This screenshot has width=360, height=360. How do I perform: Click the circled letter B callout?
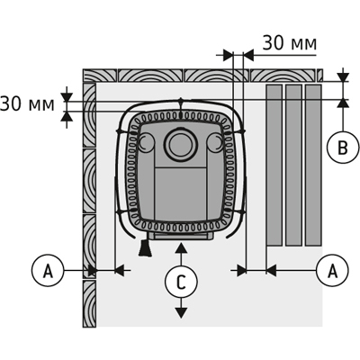coord(343,147)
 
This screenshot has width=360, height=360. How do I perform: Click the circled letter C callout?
coord(181,283)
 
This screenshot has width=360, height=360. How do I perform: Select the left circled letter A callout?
coord(48,271)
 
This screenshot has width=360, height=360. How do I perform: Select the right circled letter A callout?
coord(332,271)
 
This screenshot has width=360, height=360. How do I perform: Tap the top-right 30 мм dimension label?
coord(290,43)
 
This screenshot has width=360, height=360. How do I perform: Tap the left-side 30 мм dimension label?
coord(27,104)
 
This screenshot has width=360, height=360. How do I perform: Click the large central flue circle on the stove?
coord(180,144)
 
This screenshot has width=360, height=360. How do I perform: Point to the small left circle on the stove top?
coord(146,142)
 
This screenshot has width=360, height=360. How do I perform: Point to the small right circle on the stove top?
coord(215,142)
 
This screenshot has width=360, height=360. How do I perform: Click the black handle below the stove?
coord(146,247)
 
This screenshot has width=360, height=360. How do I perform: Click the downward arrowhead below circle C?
coord(180,313)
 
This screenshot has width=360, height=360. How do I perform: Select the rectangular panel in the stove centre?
coord(180,193)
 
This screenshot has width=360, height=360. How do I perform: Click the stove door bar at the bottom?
coord(181,236)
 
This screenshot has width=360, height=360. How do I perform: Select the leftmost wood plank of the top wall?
coord(100,76)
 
